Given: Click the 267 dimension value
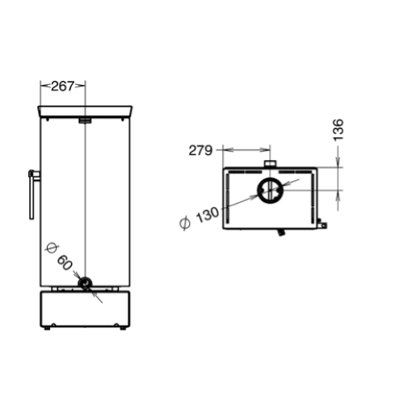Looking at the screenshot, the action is (62, 86).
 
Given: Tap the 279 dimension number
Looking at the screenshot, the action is (200, 150).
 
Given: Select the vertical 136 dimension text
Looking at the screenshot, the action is (339, 129).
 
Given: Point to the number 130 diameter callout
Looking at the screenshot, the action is (208, 215).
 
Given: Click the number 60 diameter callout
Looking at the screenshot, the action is (65, 262).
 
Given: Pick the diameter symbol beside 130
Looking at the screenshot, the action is (185, 223).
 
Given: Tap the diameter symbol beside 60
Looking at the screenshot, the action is (51, 248).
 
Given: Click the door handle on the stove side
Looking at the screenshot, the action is (33, 195).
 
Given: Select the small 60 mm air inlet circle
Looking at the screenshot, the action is (85, 284).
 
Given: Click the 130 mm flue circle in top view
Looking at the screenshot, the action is (258, 191).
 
